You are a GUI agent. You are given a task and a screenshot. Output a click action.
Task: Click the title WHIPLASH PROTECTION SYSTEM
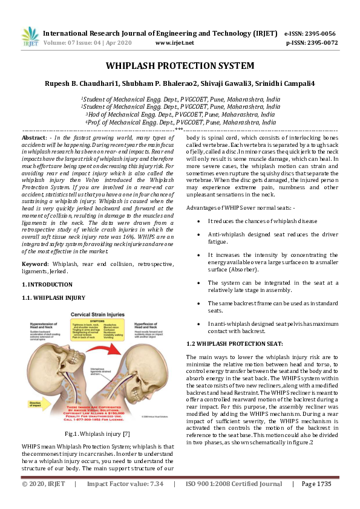[x=180, y=65]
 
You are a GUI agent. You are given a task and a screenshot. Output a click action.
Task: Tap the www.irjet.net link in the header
[x=174, y=43]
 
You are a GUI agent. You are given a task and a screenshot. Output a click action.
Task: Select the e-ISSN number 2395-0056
[x=322, y=34]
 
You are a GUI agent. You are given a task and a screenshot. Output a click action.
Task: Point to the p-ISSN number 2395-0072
[x=322, y=43]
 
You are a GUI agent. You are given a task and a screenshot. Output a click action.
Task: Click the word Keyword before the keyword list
[x=34, y=264]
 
